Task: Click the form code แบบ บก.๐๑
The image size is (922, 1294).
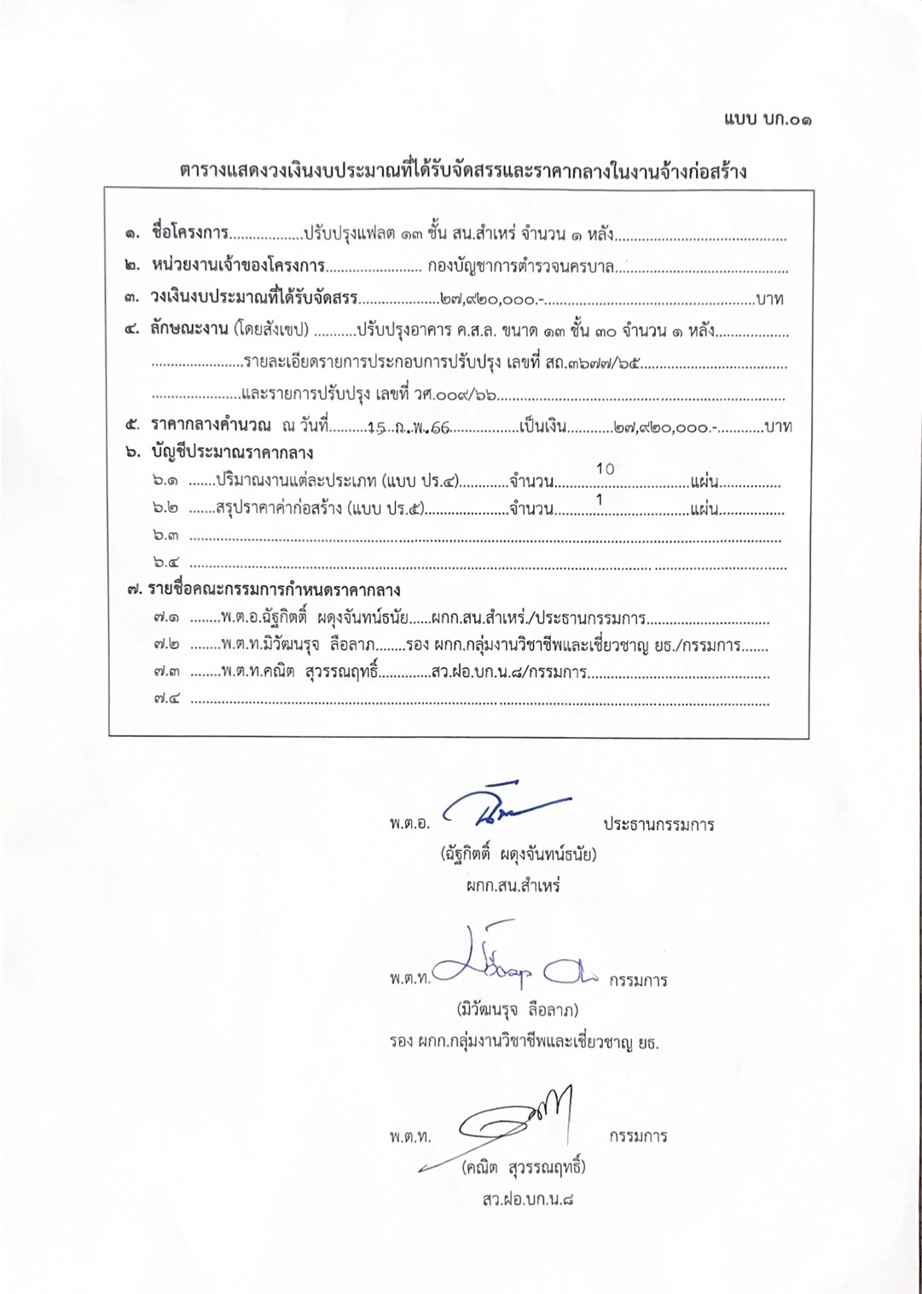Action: coord(768,119)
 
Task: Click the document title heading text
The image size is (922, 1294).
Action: coord(463,171)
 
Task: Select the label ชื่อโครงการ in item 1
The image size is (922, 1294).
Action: coord(189,233)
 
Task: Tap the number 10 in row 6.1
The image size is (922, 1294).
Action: coord(605,469)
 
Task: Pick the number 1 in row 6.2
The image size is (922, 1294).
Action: coord(600,500)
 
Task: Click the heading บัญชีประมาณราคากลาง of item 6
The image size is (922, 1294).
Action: coord(232,453)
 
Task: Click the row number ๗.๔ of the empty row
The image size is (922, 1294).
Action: coord(167,699)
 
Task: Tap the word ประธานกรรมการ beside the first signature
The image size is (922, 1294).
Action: coord(658,825)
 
